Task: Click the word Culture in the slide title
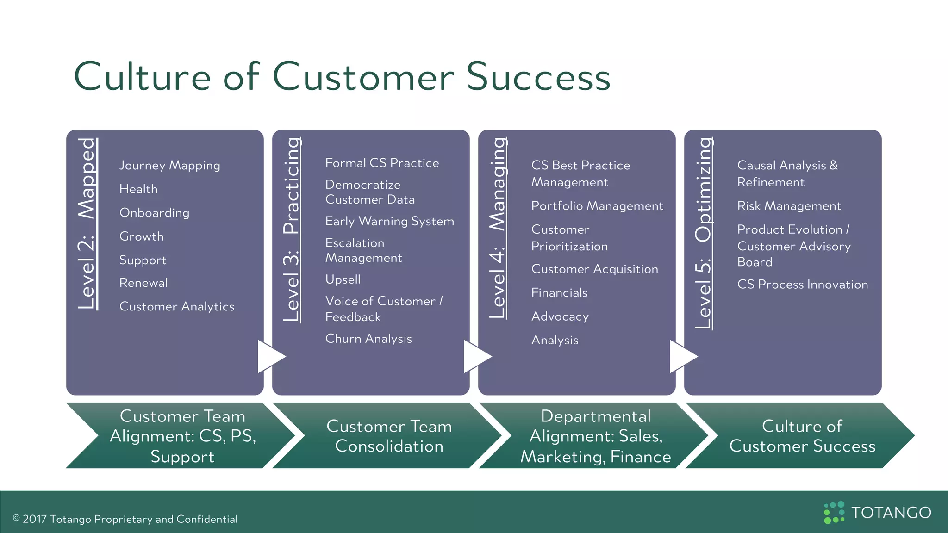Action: click(142, 77)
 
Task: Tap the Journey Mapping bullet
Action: click(169, 166)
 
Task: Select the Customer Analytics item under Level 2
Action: click(176, 307)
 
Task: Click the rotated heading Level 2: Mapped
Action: click(87, 223)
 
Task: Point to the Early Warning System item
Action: click(389, 222)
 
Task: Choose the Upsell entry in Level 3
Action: click(343, 279)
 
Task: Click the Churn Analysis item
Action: click(368, 339)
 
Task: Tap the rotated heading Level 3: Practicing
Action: click(292, 229)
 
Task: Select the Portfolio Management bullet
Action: click(597, 206)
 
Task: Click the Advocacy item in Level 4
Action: click(560, 316)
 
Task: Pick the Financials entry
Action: click(559, 293)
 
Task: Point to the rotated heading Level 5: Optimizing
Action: click(704, 233)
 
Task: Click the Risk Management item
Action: click(789, 206)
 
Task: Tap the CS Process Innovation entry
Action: click(802, 285)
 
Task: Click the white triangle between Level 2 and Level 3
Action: click(269, 357)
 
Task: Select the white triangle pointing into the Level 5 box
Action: click(681, 357)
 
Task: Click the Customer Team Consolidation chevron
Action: click(389, 436)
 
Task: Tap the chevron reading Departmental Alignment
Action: click(595, 436)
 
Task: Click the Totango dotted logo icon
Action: click(834, 512)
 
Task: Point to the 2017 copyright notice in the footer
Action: click(125, 519)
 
